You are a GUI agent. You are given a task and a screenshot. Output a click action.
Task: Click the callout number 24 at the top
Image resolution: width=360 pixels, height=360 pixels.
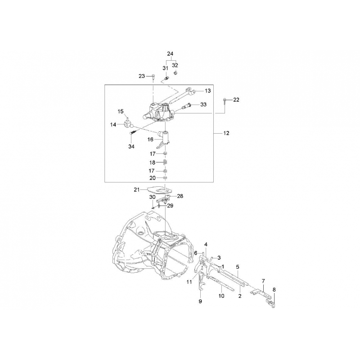click(170, 54)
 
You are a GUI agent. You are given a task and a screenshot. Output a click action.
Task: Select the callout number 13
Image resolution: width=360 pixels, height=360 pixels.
click(207, 91)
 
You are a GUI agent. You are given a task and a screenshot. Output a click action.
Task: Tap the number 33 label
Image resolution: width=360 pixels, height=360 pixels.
click(203, 104)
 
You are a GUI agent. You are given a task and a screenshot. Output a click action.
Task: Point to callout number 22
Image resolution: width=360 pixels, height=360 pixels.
click(236, 99)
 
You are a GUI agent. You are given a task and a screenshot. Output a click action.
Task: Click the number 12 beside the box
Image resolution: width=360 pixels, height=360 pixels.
click(226, 133)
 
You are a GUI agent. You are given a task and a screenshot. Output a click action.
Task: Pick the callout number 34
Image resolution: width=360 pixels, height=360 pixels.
click(131, 147)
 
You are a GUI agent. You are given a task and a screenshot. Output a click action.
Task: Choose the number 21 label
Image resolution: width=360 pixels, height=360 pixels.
click(137, 189)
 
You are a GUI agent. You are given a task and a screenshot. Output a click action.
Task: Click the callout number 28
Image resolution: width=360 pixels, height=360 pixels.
click(180, 196)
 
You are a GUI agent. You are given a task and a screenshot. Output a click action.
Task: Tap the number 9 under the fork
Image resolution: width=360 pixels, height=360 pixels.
click(200, 301)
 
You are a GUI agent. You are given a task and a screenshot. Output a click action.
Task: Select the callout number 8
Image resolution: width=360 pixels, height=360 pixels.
click(274, 290)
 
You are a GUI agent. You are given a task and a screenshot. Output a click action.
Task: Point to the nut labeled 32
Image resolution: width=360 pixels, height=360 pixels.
click(175, 73)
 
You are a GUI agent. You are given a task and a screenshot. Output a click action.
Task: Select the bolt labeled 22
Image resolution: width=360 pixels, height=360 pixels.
click(225, 101)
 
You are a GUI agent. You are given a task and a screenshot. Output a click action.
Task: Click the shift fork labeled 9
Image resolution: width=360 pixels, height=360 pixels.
click(202, 281)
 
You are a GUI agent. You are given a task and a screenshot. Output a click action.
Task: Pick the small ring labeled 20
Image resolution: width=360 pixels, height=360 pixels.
click(165, 178)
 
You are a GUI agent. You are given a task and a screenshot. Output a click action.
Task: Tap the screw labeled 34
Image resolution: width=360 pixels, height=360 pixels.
click(133, 132)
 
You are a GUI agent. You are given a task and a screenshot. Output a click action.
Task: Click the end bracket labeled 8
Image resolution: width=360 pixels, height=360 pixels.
click(271, 302)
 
